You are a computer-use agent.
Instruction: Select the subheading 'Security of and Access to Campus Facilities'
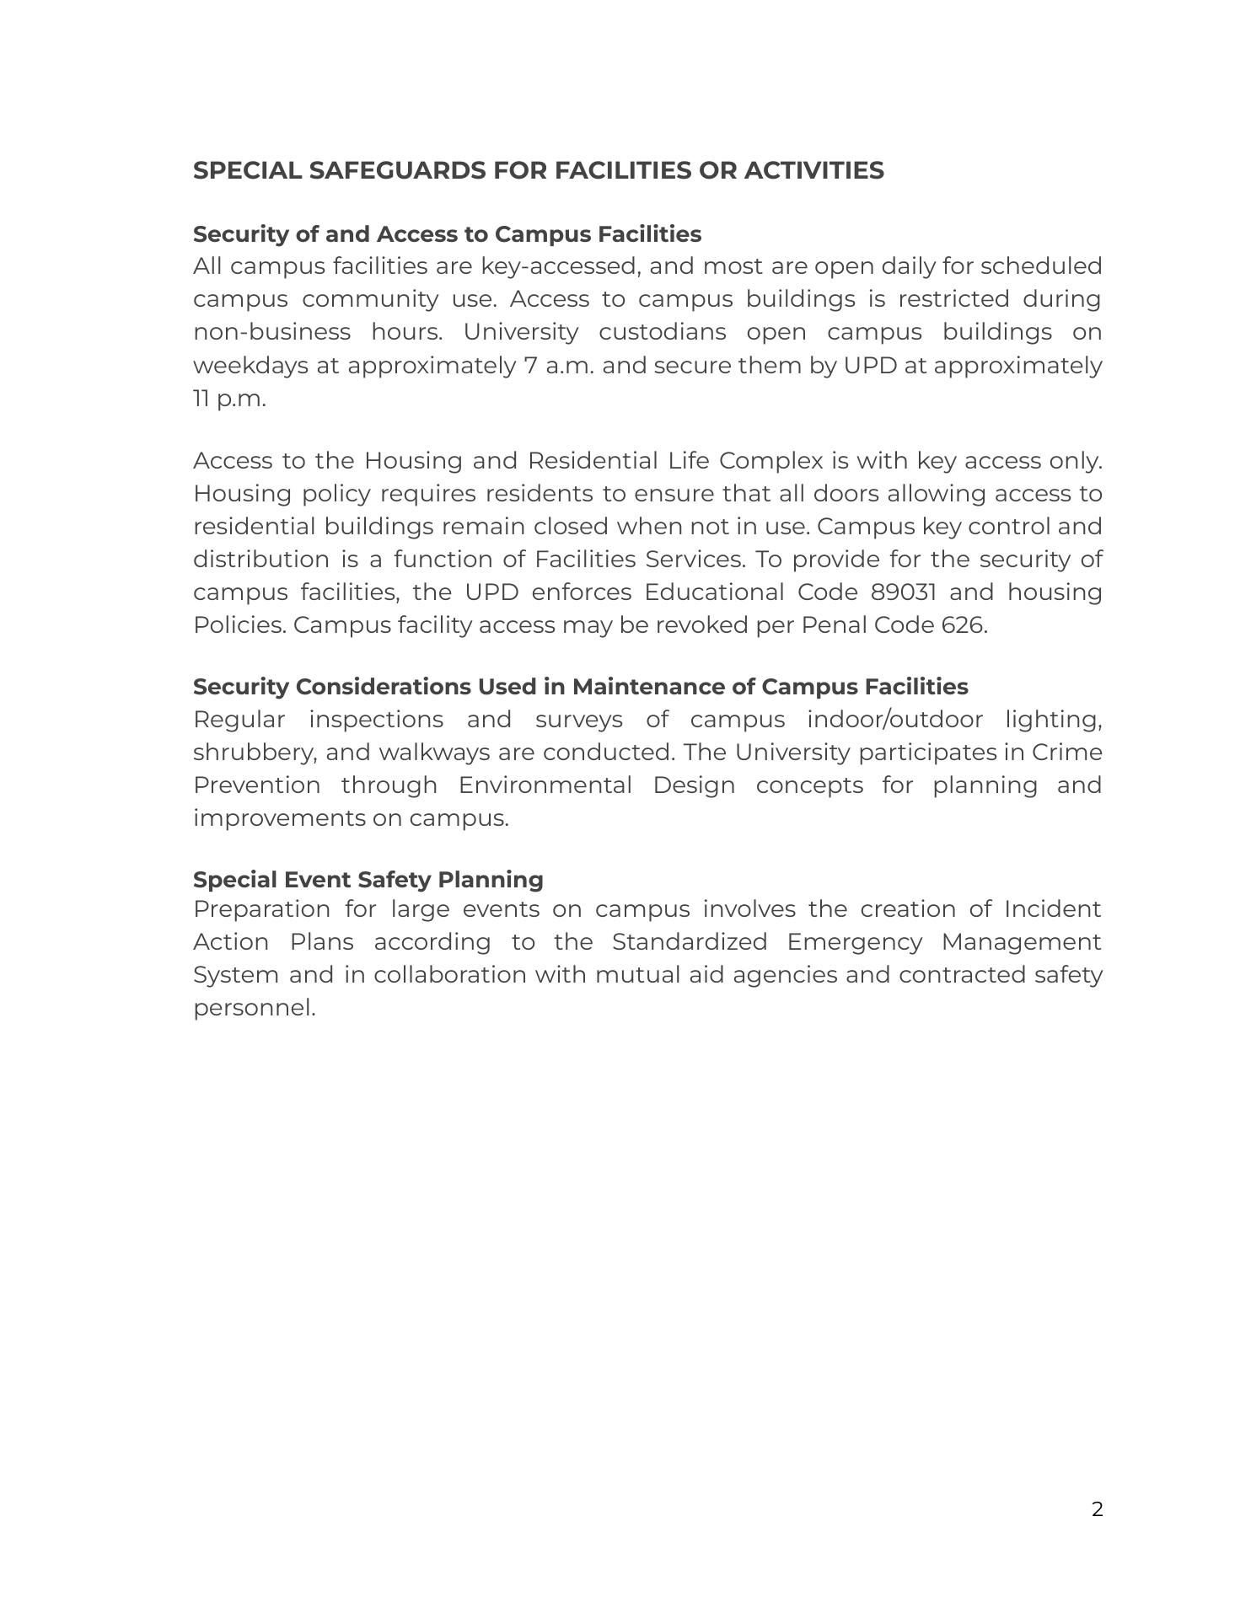(x=447, y=233)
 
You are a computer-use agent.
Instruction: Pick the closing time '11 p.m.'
(x=229, y=399)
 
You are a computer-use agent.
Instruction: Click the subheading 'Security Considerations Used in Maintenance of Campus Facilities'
(x=580, y=687)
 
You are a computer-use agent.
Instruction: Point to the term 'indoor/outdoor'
(x=894, y=720)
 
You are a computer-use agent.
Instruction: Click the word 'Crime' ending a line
(x=1066, y=753)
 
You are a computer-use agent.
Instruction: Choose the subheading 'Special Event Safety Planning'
(x=368, y=879)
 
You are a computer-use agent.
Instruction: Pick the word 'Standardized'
(x=689, y=942)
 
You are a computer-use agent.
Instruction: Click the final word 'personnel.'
(x=255, y=1008)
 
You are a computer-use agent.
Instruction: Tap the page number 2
(x=1097, y=1509)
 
